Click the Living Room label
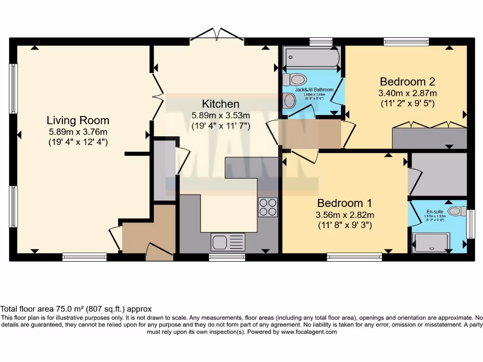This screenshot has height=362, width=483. pos(78,120)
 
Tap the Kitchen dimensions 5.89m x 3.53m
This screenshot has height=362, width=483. pos(221,115)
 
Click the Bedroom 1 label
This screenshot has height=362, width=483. pos(344,203)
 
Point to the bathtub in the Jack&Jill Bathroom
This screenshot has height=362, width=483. pos(311,58)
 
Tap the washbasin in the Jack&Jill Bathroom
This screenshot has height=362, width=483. pos(289,100)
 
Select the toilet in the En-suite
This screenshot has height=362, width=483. pos(456,211)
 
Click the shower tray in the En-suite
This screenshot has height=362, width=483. pos(432,242)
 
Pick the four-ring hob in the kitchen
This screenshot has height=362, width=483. pos(267,207)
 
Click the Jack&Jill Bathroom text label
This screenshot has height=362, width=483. pos(314,90)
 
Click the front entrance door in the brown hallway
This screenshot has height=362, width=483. pos(159,252)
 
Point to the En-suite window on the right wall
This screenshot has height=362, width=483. pos(470,224)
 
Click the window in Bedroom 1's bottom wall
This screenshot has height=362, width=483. pos(354,257)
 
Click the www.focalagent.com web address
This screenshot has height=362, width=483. pos(309,332)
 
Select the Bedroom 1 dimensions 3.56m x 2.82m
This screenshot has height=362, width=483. pos(344,214)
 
